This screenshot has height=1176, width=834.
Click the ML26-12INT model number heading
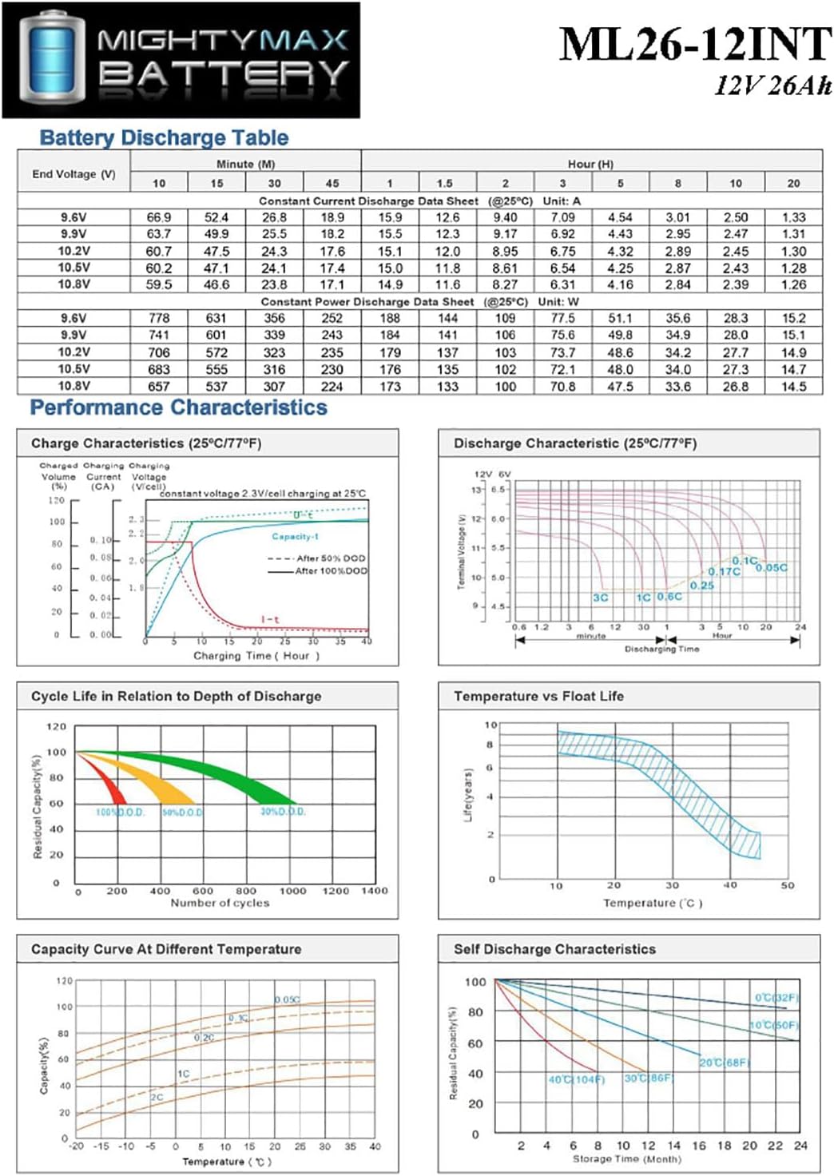pyautogui.click(x=695, y=45)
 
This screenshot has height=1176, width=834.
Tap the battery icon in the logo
pyautogui.click(x=53, y=60)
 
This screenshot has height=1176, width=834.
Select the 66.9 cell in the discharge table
pyautogui.click(x=159, y=217)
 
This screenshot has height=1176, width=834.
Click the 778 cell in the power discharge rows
pyautogui.click(x=159, y=318)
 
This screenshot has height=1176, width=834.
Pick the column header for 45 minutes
pyautogui.click(x=332, y=183)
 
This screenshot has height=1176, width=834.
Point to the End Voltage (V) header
pyautogui.click(x=73, y=173)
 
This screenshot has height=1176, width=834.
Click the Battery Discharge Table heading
pyautogui.click(x=164, y=137)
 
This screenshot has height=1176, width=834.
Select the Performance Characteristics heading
pyautogui.click(x=178, y=407)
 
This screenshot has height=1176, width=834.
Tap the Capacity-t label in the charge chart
pyautogui.click(x=295, y=536)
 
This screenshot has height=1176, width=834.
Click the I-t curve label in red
pyautogui.click(x=270, y=619)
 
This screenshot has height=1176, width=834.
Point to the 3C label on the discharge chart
pyautogui.click(x=600, y=598)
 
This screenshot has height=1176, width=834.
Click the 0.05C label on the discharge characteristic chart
pyautogui.click(x=771, y=567)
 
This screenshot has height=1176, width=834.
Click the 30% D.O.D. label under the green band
pyautogui.click(x=283, y=812)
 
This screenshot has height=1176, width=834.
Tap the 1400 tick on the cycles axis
pyautogui.click(x=374, y=890)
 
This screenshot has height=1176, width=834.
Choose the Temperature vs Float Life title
pyautogui.click(x=538, y=696)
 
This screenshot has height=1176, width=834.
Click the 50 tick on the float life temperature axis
pyautogui.click(x=787, y=885)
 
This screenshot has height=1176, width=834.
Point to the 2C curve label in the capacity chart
pyautogui.click(x=157, y=1097)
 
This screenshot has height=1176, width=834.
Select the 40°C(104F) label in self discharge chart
pyautogui.click(x=576, y=1079)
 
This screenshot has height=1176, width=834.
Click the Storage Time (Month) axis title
pyautogui.click(x=626, y=1158)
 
